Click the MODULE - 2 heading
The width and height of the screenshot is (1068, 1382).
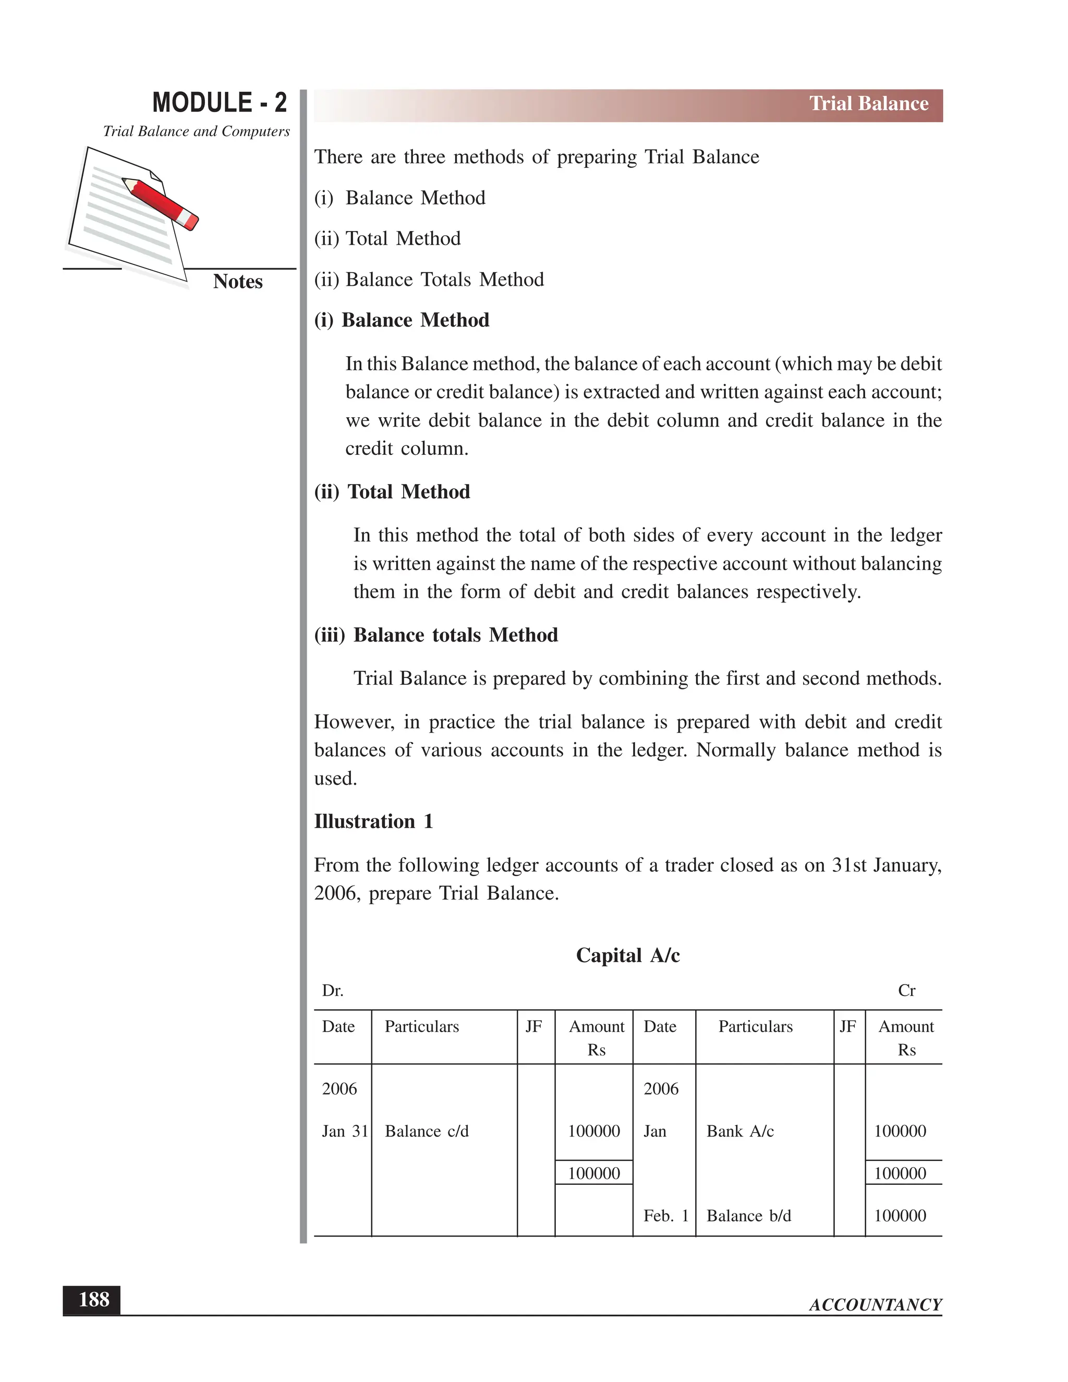tap(219, 103)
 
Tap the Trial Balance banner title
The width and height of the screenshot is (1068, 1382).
tap(868, 104)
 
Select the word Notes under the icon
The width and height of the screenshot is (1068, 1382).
tap(237, 282)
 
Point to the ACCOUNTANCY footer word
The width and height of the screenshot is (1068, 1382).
tap(875, 1305)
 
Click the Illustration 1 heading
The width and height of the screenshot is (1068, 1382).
tap(373, 821)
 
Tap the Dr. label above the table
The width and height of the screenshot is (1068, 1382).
tap(332, 991)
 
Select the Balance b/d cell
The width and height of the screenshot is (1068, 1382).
tap(748, 1216)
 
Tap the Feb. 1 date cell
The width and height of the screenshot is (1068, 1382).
tap(665, 1216)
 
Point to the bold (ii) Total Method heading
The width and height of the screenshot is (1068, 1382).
tap(392, 492)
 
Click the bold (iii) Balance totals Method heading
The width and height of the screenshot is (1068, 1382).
tap(436, 635)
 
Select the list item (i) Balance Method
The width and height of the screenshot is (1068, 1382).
tap(400, 198)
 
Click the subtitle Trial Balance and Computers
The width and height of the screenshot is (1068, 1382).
tap(196, 131)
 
